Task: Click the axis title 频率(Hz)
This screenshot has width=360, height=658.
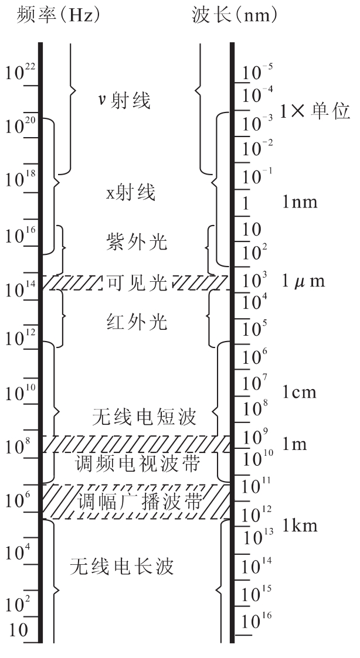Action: coord(59,16)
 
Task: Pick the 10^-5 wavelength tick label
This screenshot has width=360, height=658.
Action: coord(258,73)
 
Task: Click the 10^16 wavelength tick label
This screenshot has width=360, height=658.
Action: coord(257,621)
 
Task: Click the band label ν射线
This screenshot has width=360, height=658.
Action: coord(125,100)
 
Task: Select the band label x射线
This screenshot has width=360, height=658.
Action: coord(131,193)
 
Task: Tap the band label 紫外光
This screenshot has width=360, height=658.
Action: coord(137,242)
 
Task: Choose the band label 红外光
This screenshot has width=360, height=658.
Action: coord(137,322)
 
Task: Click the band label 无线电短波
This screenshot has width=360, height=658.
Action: coord(144,417)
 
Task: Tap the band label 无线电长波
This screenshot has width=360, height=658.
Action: coord(122,567)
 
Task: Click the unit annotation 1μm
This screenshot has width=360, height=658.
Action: coord(303,281)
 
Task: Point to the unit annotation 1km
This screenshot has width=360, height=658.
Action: coord(300,526)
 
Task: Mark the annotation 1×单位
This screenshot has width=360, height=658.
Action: coord(315,112)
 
